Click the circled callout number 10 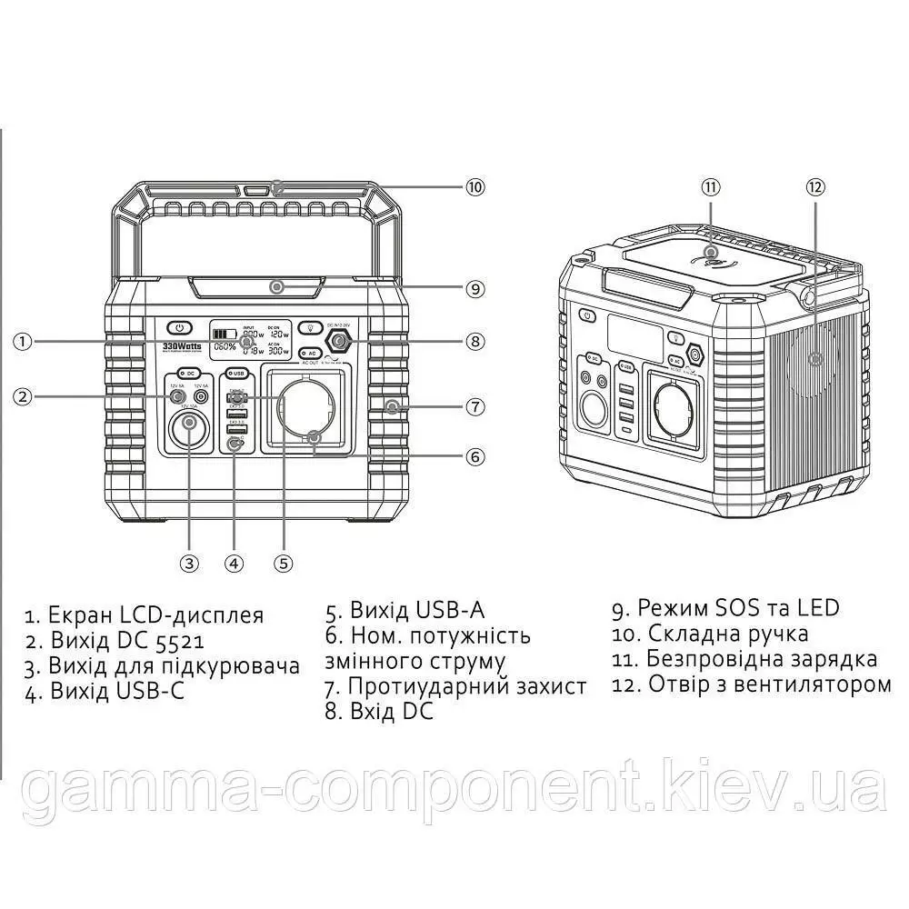(x=474, y=187)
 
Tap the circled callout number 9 (x=474, y=288)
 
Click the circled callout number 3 (x=189, y=563)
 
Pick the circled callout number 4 (x=235, y=563)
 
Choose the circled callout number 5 (x=284, y=563)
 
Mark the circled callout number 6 (x=474, y=456)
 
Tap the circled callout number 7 (x=474, y=406)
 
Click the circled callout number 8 (x=474, y=342)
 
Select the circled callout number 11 (x=710, y=187)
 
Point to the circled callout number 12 (x=814, y=187)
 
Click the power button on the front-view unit (x=180, y=328)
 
